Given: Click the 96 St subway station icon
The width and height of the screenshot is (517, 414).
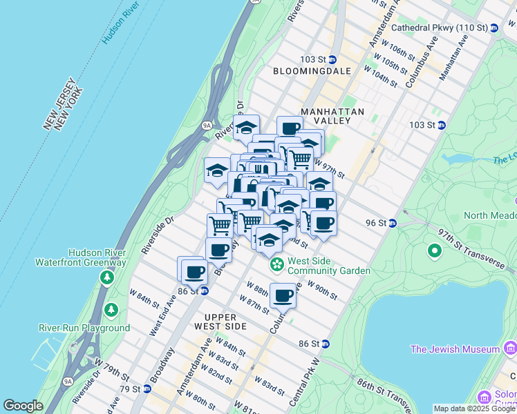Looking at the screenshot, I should click(x=392, y=223).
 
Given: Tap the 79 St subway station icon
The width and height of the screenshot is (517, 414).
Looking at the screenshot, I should click(x=147, y=388).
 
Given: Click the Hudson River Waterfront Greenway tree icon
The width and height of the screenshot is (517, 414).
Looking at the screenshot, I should click(x=106, y=277).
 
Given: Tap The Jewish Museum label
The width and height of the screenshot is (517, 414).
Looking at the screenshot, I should click(x=454, y=349).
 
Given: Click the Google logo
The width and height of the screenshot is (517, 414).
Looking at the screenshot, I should click(x=23, y=406).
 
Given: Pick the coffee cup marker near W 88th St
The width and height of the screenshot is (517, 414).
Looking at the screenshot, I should click(x=283, y=295).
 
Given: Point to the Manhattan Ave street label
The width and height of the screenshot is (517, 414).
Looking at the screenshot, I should click(x=454, y=53).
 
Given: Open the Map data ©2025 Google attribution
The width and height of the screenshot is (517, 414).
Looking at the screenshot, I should click(x=474, y=408).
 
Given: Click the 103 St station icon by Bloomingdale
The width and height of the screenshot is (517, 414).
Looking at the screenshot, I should click(x=332, y=59).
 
